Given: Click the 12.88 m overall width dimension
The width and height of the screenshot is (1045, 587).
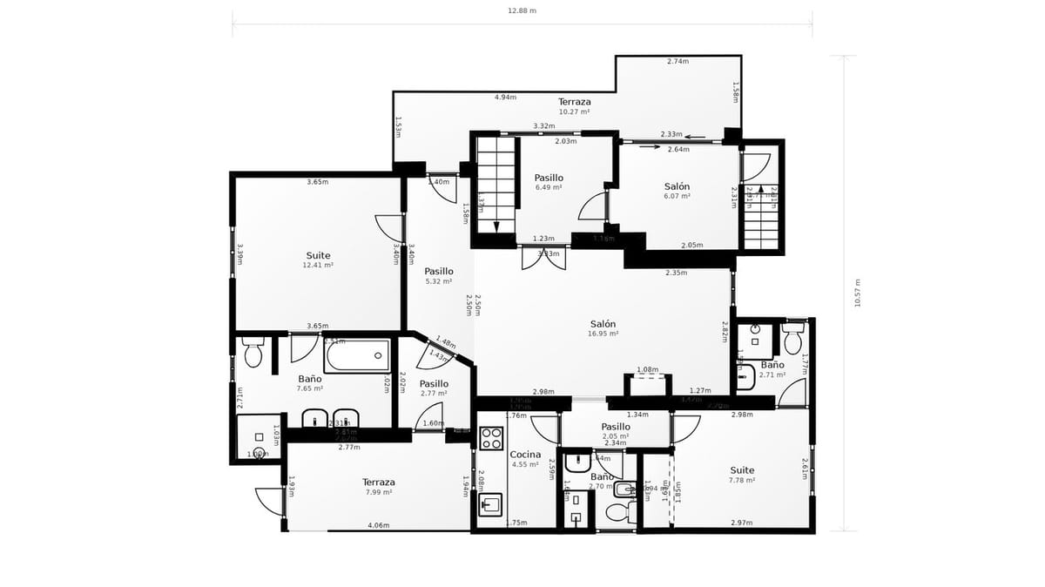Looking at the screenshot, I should click(522, 11).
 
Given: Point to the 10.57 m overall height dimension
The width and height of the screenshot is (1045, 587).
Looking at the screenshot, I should click(857, 293).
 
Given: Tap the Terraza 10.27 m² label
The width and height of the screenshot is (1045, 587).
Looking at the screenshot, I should click(574, 106).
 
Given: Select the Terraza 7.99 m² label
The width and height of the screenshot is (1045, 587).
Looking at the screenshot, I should click(379, 487).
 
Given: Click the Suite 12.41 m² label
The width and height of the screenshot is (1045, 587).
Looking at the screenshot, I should click(318, 260).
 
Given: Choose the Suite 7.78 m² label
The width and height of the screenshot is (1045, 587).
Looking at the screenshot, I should click(742, 475).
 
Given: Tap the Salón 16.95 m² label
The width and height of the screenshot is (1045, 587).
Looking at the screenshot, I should click(603, 327).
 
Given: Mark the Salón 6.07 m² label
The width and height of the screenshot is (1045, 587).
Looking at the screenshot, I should click(677, 191).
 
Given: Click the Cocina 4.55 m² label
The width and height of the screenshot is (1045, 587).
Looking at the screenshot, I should click(525, 459).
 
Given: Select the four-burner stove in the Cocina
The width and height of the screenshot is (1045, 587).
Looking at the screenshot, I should click(491, 437).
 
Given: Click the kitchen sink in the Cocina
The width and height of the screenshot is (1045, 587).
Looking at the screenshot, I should click(491, 504).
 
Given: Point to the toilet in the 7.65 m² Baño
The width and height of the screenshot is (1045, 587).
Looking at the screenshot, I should click(253, 353).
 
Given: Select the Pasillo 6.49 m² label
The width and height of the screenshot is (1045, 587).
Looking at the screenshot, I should click(549, 182).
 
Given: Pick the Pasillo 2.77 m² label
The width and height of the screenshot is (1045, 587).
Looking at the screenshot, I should click(434, 388).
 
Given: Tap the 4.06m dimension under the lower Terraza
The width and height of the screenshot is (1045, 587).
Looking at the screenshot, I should click(378, 525).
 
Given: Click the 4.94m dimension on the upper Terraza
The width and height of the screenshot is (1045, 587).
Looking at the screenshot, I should click(505, 98).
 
